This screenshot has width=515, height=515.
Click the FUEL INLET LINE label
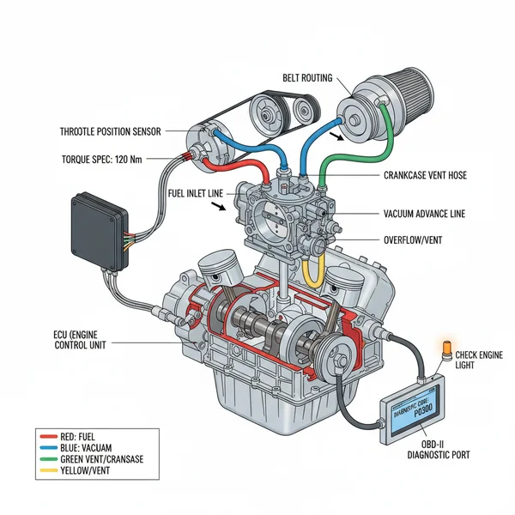point(198,192)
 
